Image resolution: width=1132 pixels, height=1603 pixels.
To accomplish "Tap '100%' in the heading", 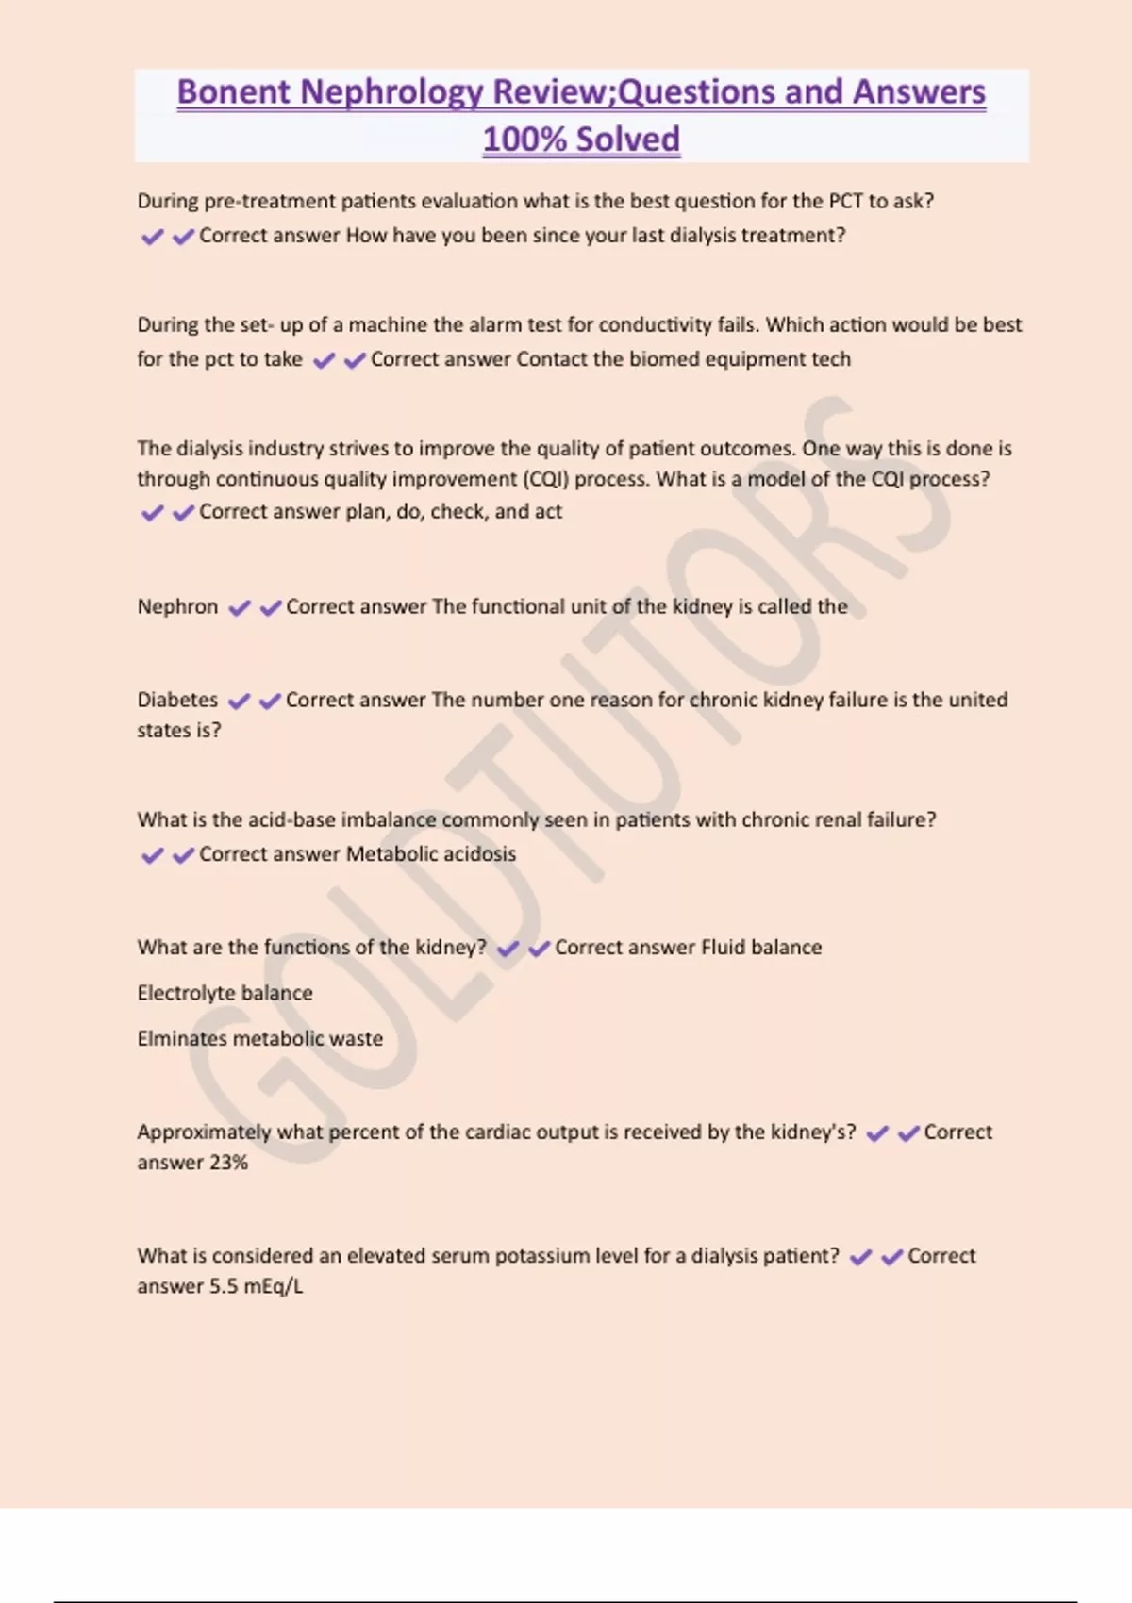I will point(524,140).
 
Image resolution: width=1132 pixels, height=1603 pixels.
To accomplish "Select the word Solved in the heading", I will point(628,140).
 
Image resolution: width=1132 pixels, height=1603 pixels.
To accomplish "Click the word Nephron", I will point(177,606).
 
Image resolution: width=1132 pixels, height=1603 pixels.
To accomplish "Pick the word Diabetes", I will point(177,700).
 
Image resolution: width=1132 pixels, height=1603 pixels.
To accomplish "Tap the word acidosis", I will point(481,854).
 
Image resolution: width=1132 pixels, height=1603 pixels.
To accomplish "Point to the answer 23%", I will point(228,1163).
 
